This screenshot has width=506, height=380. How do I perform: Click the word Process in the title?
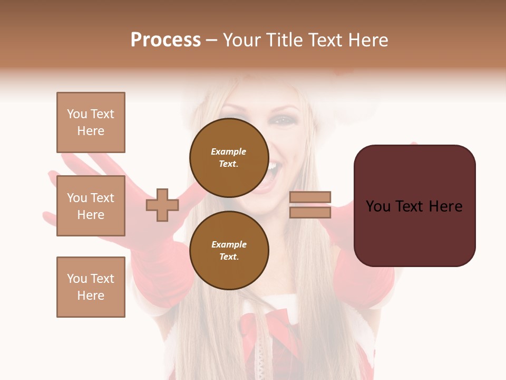coord(166,40)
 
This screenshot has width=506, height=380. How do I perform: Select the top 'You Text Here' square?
coord(91,122)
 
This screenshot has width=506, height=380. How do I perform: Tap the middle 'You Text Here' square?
coord(91,206)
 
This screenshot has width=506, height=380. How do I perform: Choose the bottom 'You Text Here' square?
coord(91,287)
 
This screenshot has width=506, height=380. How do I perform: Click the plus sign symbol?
coord(162,205)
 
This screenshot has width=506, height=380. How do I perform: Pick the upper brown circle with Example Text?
coord(229,157)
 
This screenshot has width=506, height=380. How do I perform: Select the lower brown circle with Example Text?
coord(229,250)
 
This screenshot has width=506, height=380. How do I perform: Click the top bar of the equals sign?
coord(310,197)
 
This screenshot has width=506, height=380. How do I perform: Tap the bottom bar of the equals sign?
coord(310,212)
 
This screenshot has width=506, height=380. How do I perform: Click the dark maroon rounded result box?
coord(414,205)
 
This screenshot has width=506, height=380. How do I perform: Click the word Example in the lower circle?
coord(229,244)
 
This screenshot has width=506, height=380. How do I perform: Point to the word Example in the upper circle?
coord(229,151)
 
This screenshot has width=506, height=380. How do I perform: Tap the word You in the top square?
coord(77,114)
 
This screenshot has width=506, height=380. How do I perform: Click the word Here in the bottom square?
coord(91,296)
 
